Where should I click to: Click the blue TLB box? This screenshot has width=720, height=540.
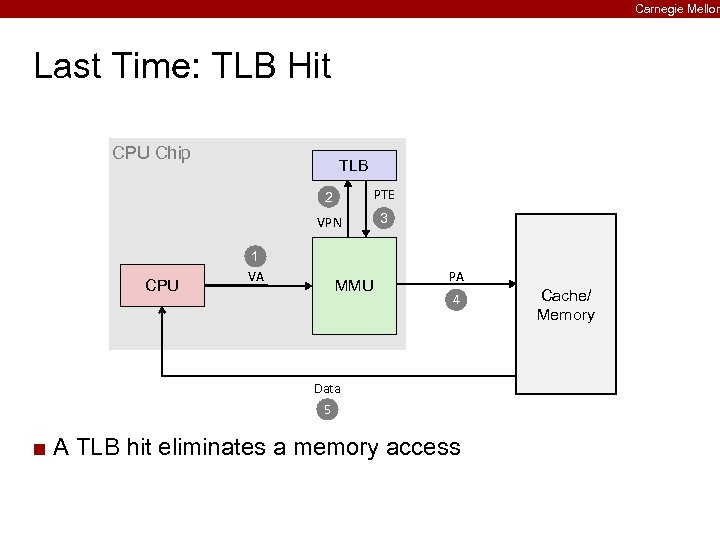pos(353,165)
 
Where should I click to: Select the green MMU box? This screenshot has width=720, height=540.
pos(354,286)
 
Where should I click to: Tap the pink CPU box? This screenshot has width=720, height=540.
pos(162,285)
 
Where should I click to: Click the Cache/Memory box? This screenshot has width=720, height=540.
pos(565,304)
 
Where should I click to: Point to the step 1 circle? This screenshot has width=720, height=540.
pos(256,255)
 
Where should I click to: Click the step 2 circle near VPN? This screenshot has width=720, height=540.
pos(327,196)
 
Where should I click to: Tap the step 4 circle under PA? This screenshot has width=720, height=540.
pos(455,300)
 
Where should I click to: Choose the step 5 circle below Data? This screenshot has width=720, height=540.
pos(326,409)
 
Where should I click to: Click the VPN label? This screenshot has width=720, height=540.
pos(329,223)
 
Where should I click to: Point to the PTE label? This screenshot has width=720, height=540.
pos(383,194)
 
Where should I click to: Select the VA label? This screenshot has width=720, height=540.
pos(256,277)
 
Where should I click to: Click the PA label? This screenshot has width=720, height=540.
pos(456,276)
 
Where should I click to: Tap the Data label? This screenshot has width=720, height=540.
pos(327,388)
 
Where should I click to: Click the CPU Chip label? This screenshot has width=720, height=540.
pos(151,153)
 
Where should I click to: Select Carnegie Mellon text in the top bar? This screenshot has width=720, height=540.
pos(676,8)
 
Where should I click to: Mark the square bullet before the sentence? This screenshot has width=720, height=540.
pos(39,448)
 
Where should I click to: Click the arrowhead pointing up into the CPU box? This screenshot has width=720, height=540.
pos(162,312)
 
